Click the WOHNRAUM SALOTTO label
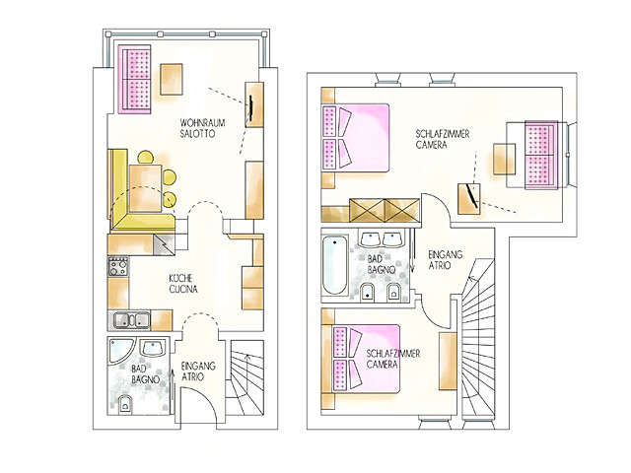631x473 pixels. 202,128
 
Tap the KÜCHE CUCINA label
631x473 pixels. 183,284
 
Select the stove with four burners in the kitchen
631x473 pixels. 118,266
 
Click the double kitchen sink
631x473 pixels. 131,320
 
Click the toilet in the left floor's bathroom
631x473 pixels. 126,404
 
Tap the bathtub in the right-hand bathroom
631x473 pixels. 335,266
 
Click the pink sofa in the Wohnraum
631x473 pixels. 135,79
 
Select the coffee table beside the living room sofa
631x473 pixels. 173,79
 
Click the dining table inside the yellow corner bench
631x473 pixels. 145,187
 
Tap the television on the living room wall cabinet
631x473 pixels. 251,107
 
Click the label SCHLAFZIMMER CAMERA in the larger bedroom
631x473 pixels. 443,139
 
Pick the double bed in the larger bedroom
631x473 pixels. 356,138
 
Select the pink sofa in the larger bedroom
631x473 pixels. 541,155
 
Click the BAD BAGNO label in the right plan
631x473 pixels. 382,265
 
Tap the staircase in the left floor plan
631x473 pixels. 245,378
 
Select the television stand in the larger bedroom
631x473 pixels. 469,198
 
